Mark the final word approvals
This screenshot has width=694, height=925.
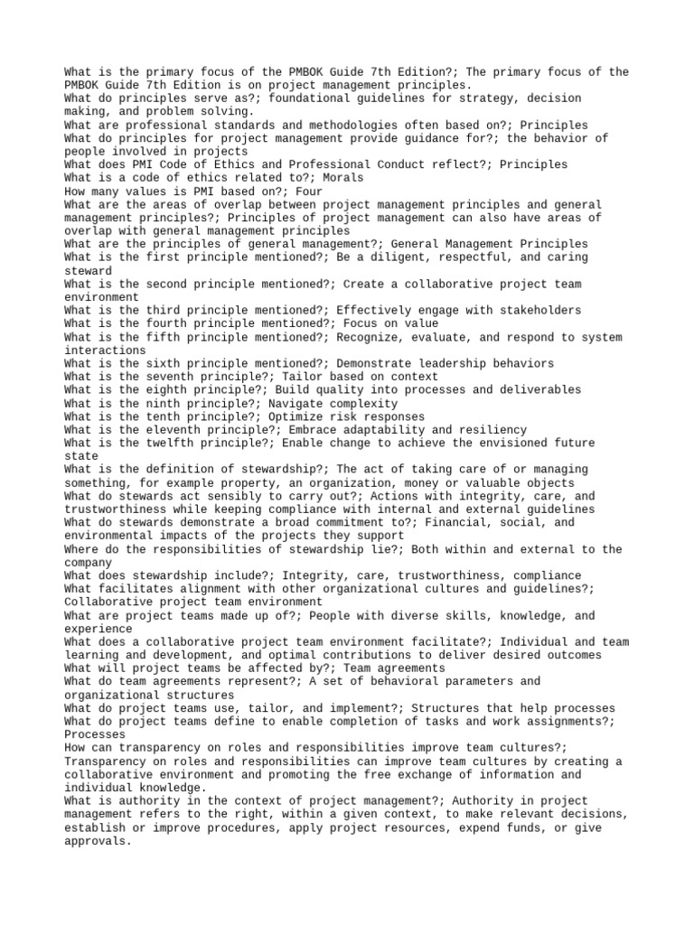pos(98,840)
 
